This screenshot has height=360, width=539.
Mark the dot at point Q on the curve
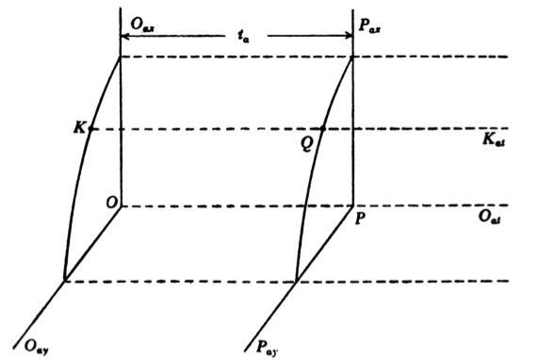(x=323, y=129)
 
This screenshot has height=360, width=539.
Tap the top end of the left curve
(x=120, y=57)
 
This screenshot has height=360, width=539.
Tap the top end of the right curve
(x=352, y=57)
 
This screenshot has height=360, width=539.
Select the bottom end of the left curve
(x=64, y=280)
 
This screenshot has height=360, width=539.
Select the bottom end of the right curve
(x=296, y=280)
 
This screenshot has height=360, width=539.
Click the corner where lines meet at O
(x=120, y=205)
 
